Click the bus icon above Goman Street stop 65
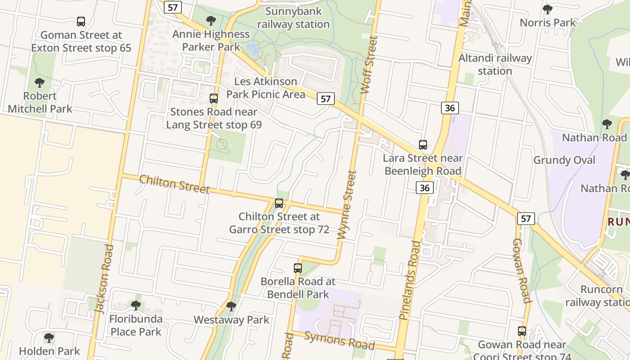tap(81, 21)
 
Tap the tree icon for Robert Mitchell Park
tap(40, 83)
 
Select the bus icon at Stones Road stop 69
tap(214, 98)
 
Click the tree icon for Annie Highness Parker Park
tap(211, 21)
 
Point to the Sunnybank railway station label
tap(293, 18)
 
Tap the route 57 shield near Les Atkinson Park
tap(325, 99)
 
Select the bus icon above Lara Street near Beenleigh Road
tap(423, 145)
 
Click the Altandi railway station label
tap(495, 64)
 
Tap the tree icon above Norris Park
tap(547, 9)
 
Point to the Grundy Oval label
tap(564, 160)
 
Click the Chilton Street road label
tap(175, 184)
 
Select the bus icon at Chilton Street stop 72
tap(279, 203)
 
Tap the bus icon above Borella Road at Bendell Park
tap(298, 268)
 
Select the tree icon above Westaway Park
tap(231, 306)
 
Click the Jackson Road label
tap(103, 279)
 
